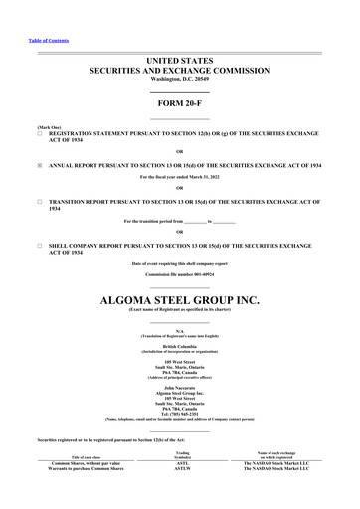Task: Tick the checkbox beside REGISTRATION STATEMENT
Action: (x=39, y=132)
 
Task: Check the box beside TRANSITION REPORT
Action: (x=39, y=200)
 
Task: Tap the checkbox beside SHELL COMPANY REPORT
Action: (x=39, y=243)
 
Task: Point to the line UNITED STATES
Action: (x=179, y=61)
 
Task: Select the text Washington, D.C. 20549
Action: (x=179, y=81)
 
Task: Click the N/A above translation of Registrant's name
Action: (x=179, y=329)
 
